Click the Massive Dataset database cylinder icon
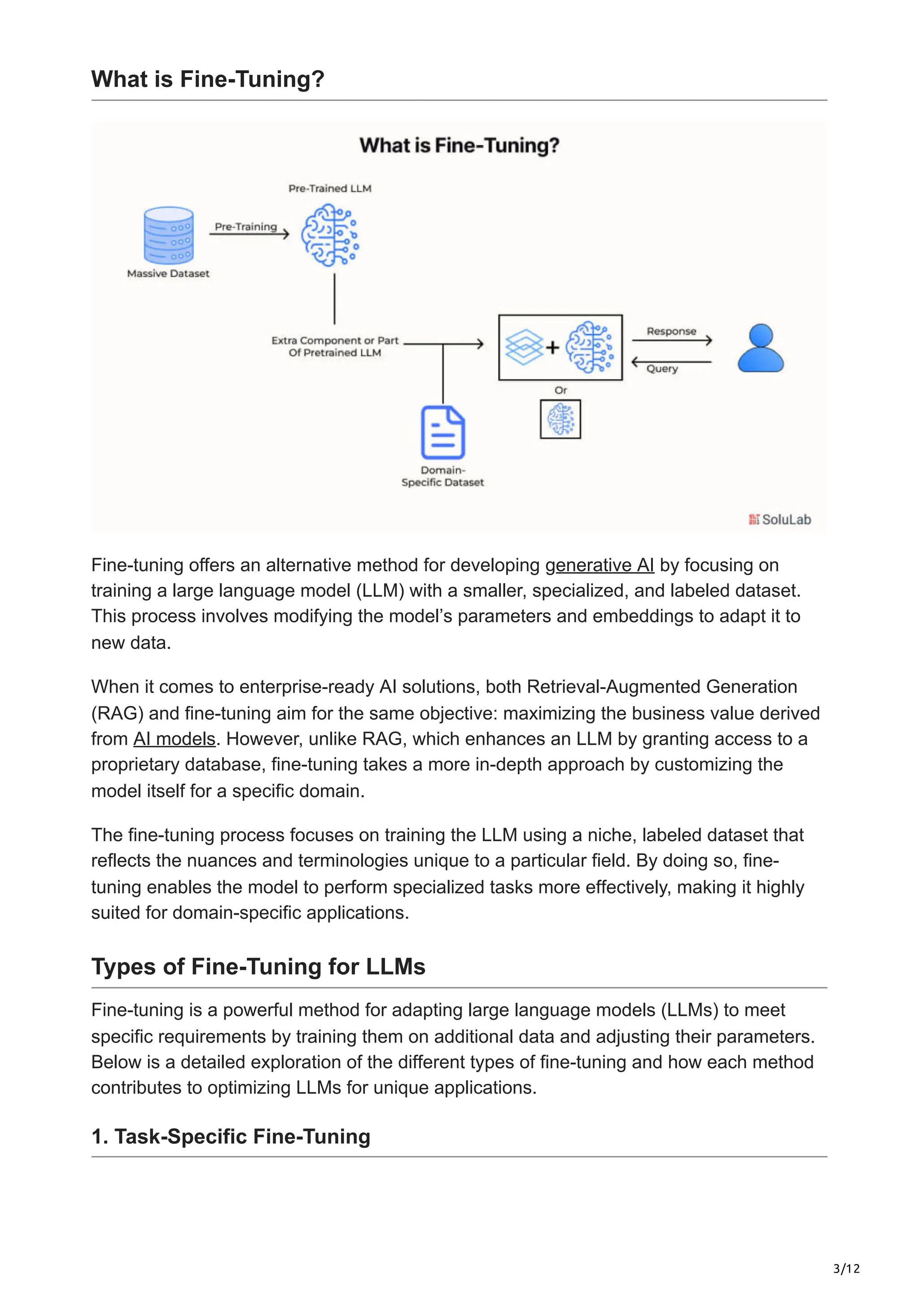pyautogui.click(x=169, y=235)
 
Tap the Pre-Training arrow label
pyautogui.click(x=246, y=227)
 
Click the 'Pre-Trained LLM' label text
pyautogui.click(x=329, y=188)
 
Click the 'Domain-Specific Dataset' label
pyautogui.click(x=443, y=476)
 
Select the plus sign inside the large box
pyautogui.click(x=552, y=347)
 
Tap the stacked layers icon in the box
pyautogui.click(x=524, y=347)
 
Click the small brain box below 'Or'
pyautogui.click(x=560, y=419)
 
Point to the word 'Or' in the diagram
pyautogui.click(x=560, y=390)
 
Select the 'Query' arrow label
pyautogui.click(x=662, y=369)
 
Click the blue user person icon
pyautogui.click(x=761, y=348)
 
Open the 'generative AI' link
pyautogui.click(x=600, y=565)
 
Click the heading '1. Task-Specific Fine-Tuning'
pyautogui.click(x=231, y=1136)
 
